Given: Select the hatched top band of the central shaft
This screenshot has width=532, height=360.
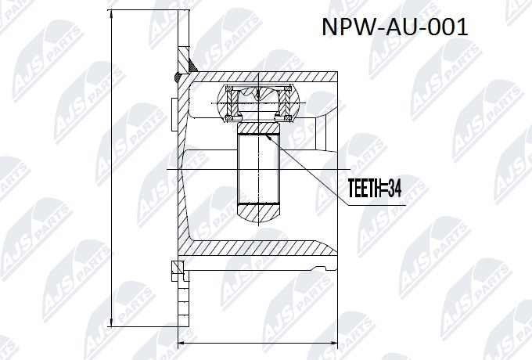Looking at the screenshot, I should tap(259, 128).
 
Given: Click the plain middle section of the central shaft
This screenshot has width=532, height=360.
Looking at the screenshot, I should tap(259, 168).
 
